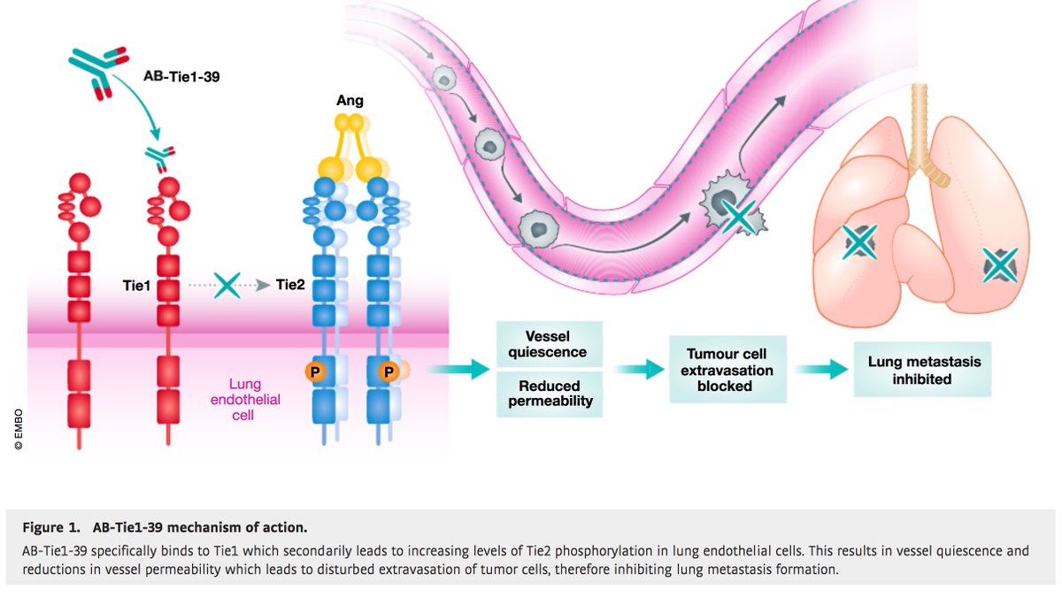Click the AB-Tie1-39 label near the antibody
182,76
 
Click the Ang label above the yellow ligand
345,101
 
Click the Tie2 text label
290,285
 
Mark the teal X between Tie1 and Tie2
227,285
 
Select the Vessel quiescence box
549,344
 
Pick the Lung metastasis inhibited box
923,370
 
